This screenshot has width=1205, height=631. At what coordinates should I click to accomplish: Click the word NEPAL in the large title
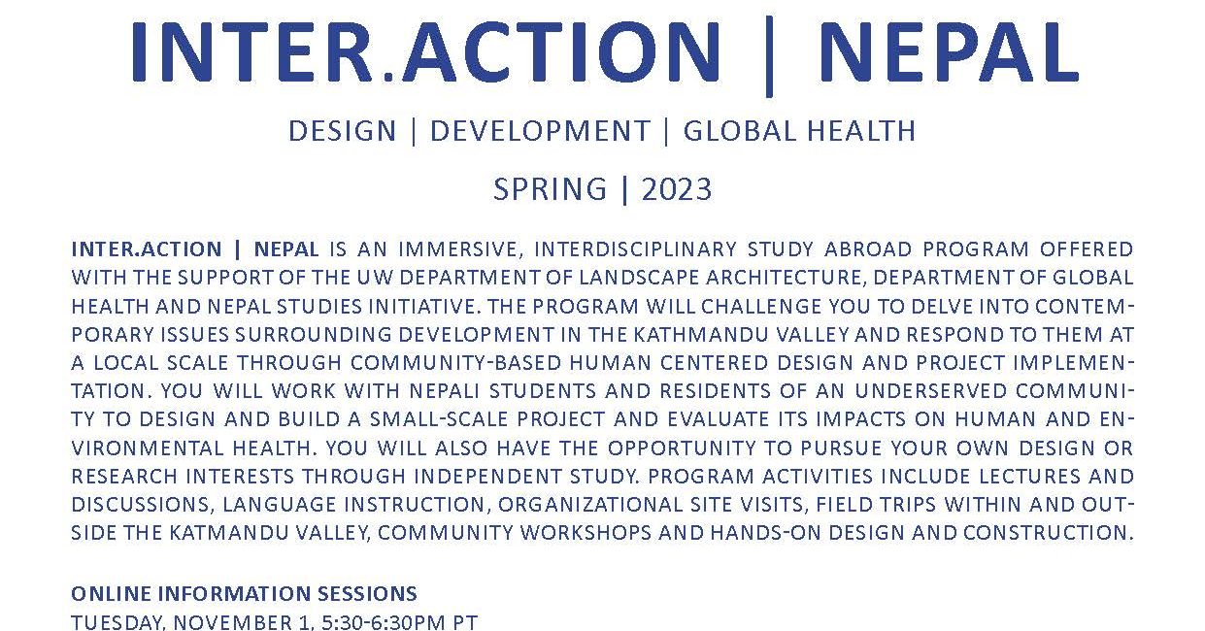(949, 52)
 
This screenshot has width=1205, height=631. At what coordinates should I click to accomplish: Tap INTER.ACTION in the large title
(426, 52)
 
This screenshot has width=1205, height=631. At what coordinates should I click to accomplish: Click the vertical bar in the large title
(769, 56)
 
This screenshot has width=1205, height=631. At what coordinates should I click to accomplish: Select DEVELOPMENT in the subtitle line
(540, 131)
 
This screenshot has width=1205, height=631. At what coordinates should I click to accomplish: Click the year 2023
(677, 189)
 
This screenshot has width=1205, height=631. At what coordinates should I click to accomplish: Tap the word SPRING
(551, 189)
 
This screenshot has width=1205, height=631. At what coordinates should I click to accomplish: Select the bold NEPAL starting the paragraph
(286, 249)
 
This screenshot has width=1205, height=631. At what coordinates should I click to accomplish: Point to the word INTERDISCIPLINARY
(636, 249)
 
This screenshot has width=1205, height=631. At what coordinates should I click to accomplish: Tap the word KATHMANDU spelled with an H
(701, 335)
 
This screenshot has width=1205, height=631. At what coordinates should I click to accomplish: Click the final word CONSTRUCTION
(1049, 533)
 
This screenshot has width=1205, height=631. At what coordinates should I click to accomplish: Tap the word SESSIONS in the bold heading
(367, 594)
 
